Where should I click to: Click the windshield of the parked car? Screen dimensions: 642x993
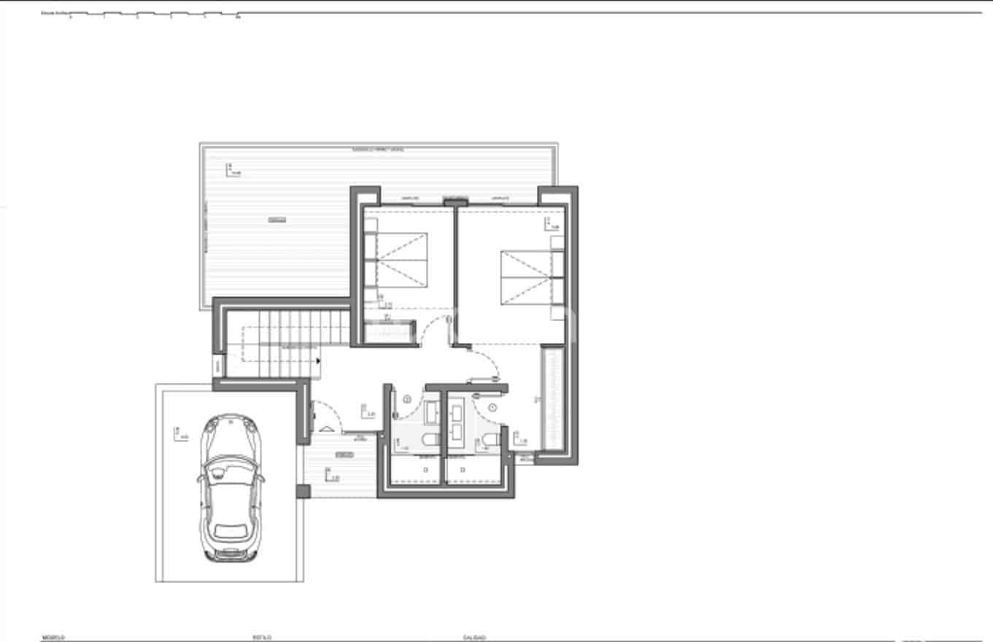230,463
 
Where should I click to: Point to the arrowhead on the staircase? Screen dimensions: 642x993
318,360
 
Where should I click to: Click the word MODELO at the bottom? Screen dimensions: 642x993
53,638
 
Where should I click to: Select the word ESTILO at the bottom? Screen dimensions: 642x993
263,638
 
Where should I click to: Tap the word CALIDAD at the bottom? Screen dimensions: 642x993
474,638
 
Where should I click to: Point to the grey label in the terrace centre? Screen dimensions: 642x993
277,219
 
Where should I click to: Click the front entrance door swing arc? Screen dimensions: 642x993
327,416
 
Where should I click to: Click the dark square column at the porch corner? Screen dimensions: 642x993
303,491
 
